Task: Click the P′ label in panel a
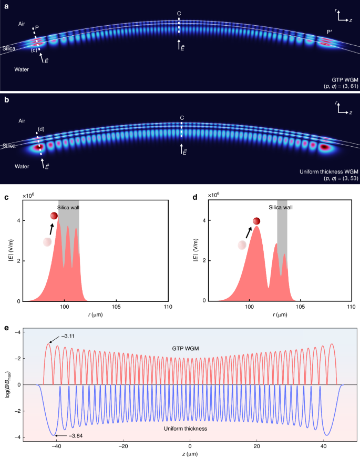point(330,32)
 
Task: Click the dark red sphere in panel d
point(256,221)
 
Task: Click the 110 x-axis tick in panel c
point(168,308)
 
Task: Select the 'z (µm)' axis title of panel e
point(190,453)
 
